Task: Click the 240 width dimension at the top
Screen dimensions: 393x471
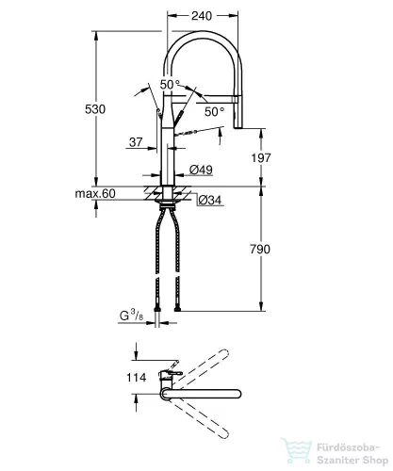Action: (202, 16)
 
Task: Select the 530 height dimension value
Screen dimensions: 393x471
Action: (95, 109)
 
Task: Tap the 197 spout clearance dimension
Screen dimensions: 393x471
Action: (261, 157)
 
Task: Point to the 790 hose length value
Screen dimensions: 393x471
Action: (260, 249)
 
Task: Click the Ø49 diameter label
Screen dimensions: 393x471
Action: (201, 171)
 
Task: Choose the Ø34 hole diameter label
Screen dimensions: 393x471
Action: (210, 200)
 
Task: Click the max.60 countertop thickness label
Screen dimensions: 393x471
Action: (95, 193)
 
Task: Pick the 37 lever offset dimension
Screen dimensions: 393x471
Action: (136, 142)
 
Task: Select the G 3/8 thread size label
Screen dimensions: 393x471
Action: (131, 316)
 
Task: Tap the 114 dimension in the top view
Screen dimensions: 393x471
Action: (136, 377)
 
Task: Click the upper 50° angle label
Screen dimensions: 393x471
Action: (170, 84)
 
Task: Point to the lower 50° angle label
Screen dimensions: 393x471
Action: (215, 111)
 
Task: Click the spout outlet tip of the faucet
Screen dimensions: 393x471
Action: (238, 127)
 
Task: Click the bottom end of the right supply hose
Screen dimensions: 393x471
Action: (177, 310)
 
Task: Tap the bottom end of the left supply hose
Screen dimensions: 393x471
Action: (157, 310)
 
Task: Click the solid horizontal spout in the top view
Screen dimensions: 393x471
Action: (201, 395)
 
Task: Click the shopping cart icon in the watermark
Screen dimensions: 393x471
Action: (296, 451)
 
